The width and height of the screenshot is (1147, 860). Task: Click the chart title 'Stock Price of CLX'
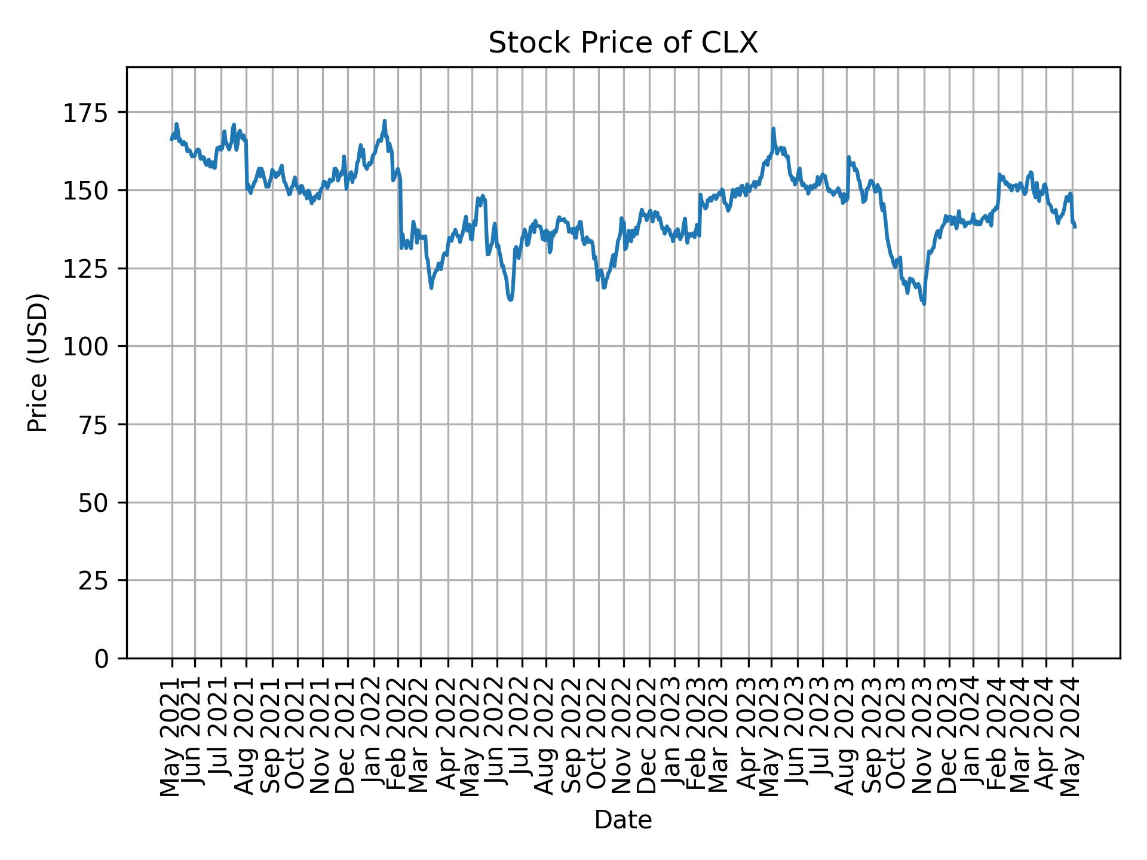[x=623, y=43]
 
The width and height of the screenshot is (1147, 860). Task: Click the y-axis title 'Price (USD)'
[x=37, y=363]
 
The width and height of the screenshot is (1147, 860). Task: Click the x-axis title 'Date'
[x=623, y=820]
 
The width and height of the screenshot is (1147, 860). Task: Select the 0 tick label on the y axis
[x=102, y=658]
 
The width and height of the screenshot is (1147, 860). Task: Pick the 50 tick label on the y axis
[x=93, y=502]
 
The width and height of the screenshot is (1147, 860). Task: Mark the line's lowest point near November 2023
[x=924, y=304]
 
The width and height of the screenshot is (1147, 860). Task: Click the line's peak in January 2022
[x=385, y=121]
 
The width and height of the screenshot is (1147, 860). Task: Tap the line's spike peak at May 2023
[x=773, y=128]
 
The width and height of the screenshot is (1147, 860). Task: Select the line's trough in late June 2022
[x=510, y=300]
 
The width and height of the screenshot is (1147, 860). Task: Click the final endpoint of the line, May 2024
[x=1075, y=228]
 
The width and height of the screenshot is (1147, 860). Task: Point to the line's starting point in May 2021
[x=171, y=140]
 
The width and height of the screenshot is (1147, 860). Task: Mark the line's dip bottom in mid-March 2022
[x=431, y=288]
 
